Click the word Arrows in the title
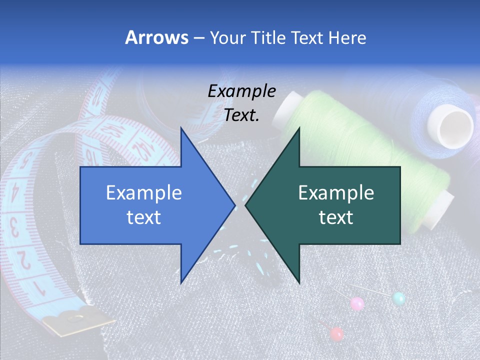click(x=156, y=37)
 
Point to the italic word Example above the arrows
click(x=241, y=91)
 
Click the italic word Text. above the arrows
click(x=241, y=115)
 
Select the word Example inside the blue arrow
click(x=144, y=193)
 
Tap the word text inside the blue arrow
click(x=144, y=217)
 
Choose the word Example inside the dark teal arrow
click(x=336, y=193)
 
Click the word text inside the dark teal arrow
click(x=336, y=217)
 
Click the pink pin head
click(x=357, y=303)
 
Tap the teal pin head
click(x=398, y=299)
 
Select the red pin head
click(x=337, y=333)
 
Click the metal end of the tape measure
click(x=75, y=321)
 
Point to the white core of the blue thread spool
click(x=455, y=125)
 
